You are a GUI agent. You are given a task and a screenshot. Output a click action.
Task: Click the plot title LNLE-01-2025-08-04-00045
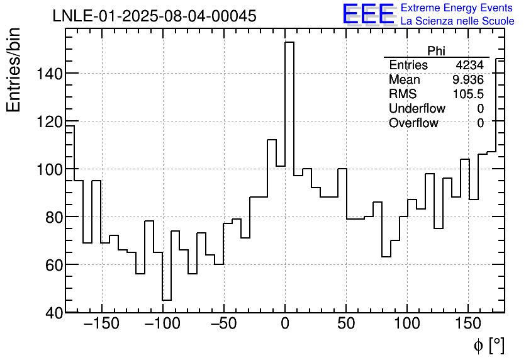155,16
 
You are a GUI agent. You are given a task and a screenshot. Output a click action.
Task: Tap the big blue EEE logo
368,14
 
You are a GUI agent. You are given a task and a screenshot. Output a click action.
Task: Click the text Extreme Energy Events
456,8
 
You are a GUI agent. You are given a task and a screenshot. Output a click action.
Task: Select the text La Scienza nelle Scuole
457,21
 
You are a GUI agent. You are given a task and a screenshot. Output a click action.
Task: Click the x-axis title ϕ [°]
489,345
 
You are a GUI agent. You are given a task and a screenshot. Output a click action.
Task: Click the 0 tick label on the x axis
285,324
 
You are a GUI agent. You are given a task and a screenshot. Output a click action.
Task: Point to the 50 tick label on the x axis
346,324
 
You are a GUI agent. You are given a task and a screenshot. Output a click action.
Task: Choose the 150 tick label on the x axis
468,324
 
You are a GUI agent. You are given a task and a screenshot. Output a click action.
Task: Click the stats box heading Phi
436,52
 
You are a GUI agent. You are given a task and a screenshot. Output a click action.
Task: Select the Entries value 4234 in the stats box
470,65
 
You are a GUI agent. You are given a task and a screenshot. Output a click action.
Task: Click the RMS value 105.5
468,94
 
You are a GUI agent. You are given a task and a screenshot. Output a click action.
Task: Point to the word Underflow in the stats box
417,109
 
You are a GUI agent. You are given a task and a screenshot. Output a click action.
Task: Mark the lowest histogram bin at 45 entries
167,300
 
